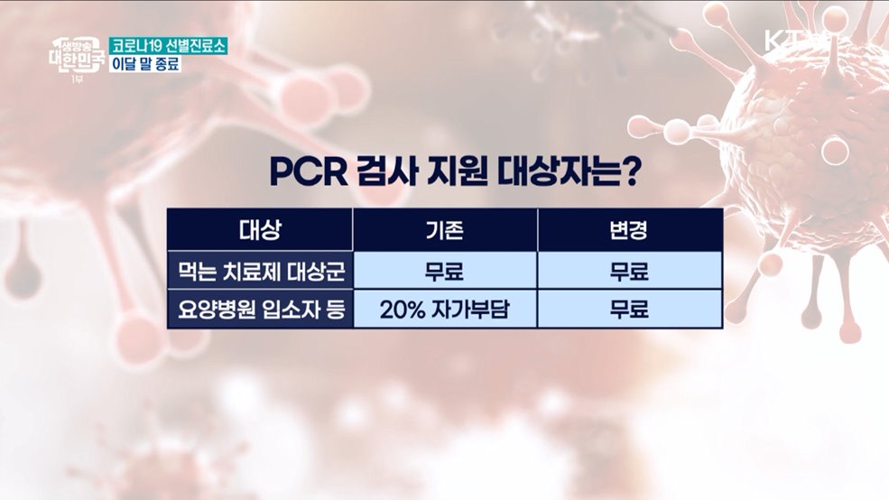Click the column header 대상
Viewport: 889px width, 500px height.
click(x=260, y=230)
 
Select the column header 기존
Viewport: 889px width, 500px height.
click(x=445, y=230)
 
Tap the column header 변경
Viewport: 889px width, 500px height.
click(x=629, y=230)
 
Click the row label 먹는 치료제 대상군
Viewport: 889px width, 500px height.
click(x=262, y=272)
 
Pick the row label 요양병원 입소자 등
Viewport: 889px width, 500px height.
click(x=262, y=310)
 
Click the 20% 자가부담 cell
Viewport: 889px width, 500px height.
click(x=445, y=310)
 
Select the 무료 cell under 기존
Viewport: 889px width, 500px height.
click(x=445, y=272)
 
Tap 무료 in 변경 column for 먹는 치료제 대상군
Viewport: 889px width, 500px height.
click(x=629, y=272)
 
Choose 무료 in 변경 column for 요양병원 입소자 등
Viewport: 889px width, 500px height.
click(x=629, y=310)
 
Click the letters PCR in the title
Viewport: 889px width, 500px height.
click(x=309, y=171)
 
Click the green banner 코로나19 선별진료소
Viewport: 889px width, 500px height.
click(x=169, y=46)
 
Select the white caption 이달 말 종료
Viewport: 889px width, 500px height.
click(x=145, y=63)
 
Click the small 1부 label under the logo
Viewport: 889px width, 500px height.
click(x=77, y=80)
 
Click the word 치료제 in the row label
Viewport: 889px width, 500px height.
click(x=251, y=272)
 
